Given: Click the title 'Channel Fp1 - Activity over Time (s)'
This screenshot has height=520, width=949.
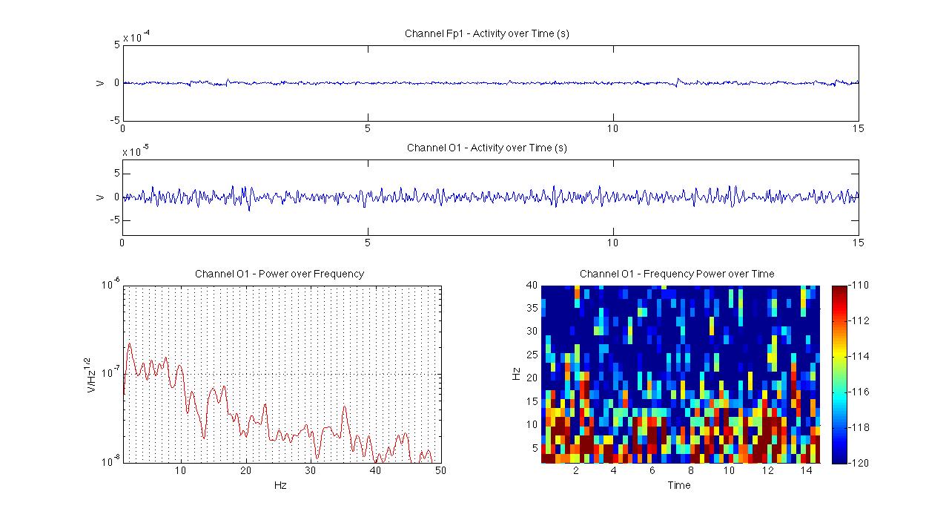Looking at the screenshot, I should pyautogui.click(x=486, y=33).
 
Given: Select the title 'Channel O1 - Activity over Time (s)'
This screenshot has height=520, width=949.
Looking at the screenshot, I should pyautogui.click(x=486, y=148).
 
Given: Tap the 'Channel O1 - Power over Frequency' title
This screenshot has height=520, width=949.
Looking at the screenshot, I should pyautogui.click(x=280, y=274).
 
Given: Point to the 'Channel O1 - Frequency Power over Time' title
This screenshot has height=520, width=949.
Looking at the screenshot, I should pyautogui.click(x=677, y=274).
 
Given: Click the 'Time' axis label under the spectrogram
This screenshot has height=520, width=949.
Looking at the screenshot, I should pyautogui.click(x=678, y=486).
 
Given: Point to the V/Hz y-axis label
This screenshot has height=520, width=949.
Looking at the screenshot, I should pyautogui.click(x=93, y=374).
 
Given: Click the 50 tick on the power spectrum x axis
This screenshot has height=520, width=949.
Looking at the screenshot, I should pyautogui.click(x=440, y=471).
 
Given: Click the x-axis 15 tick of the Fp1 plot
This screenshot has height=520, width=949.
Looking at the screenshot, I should pyautogui.click(x=858, y=128).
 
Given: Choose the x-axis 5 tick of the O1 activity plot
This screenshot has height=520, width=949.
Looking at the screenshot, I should pyautogui.click(x=368, y=243).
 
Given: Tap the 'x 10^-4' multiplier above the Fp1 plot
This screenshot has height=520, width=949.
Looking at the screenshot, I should pyautogui.click(x=136, y=37).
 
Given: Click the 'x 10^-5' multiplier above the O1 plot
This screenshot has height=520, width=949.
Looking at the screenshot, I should pyautogui.click(x=136, y=151).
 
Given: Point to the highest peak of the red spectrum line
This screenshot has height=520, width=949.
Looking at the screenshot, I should pyautogui.click(x=129, y=343).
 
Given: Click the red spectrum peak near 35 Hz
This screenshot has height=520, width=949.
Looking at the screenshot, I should pyautogui.click(x=344, y=407).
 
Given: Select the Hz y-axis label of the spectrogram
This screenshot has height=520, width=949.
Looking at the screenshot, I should pyautogui.click(x=517, y=374).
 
